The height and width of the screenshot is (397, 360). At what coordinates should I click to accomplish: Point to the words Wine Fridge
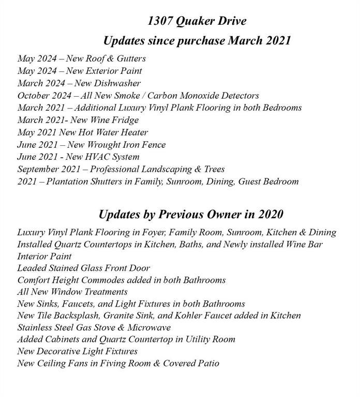[x=117, y=120]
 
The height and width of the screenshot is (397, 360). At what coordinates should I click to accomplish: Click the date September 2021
[x=48, y=170]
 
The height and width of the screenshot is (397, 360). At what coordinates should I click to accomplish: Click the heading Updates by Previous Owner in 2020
[x=191, y=214]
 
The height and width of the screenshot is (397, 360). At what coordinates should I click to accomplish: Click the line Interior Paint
[x=44, y=256]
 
